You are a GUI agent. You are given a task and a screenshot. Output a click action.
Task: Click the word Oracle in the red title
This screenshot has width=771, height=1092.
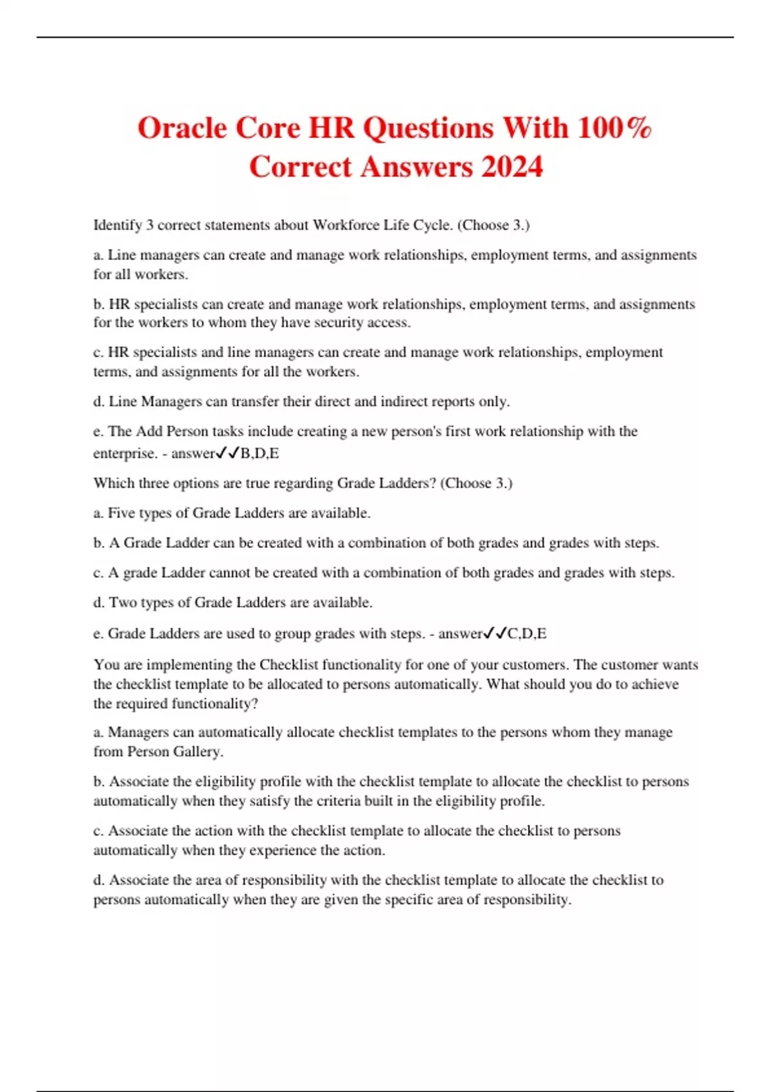[x=182, y=128]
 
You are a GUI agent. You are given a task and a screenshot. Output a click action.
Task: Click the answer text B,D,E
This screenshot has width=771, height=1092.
[x=260, y=454]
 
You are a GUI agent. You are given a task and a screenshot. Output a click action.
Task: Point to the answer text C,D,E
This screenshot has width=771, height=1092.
[x=527, y=634]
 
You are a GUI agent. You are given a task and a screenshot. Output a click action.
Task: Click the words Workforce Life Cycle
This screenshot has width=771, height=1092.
[x=382, y=225]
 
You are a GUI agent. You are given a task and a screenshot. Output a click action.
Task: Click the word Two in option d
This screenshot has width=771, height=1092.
[x=121, y=603]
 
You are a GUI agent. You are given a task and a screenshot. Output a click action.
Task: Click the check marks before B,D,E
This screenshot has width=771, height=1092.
[x=227, y=454]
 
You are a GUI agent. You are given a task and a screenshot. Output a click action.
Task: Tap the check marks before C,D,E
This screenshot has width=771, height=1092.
[x=495, y=634]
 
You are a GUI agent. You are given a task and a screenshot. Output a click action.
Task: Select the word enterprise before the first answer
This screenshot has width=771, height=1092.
[x=123, y=454]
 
